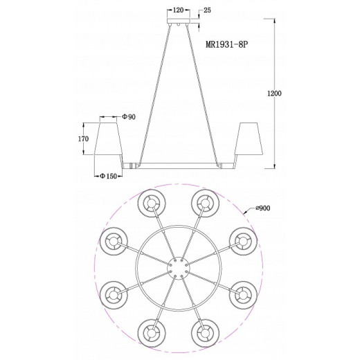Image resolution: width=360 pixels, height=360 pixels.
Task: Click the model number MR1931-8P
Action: tap(226, 44)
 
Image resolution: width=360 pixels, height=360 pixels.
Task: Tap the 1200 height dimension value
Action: tap(274, 93)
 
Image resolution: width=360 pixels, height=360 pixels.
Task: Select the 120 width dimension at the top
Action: tap(178, 10)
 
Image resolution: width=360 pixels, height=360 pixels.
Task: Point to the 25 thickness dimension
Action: tap(207, 10)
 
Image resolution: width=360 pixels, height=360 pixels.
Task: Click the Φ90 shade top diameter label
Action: tap(129, 117)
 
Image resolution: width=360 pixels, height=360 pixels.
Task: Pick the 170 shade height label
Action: tap(83, 139)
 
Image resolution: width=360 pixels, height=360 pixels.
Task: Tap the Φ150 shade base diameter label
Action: tap(108, 177)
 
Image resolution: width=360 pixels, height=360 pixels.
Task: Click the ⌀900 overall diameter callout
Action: tap(262, 208)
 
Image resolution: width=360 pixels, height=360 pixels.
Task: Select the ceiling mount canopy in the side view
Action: tap(179, 21)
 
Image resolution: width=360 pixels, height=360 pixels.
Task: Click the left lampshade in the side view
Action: tap(108, 138)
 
